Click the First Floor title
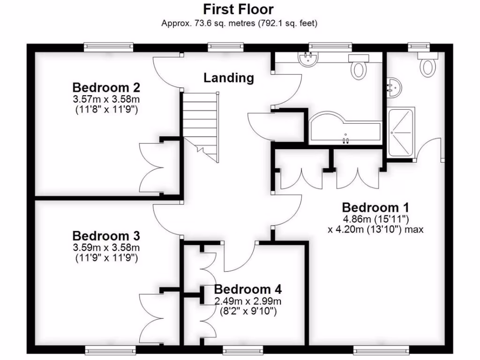coord(238,9)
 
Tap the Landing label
coord(229,78)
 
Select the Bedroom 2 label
coord(106,88)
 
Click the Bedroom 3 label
coord(106,235)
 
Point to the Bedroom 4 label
coord(247,289)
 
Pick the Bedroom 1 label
coord(376,207)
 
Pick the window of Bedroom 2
coord(108,46)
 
